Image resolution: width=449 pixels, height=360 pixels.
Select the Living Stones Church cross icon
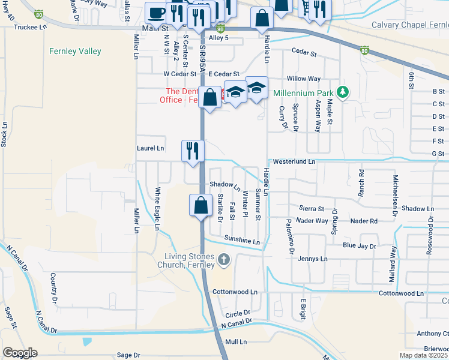pos(224,260)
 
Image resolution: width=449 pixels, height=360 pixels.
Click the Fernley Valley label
pos(75,52)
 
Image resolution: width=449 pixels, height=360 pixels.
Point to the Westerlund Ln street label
pos(294,162)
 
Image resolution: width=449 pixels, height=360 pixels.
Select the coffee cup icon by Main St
pos(157,13)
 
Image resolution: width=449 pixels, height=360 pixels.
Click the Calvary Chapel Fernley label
pos(410,25)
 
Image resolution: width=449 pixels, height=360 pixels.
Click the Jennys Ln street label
pos(313,259)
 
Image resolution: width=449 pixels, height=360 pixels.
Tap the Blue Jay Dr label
pos(359,246)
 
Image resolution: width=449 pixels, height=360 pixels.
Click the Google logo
pos(20,353)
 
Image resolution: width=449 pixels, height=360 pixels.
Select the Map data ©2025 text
pos(424,355)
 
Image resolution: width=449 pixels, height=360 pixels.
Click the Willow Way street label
pos(304,79)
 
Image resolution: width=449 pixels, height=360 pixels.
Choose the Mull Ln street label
pos(236,341)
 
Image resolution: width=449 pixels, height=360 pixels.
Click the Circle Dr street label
pos(237,314)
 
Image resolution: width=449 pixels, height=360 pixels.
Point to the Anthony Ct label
pos(433,334)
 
